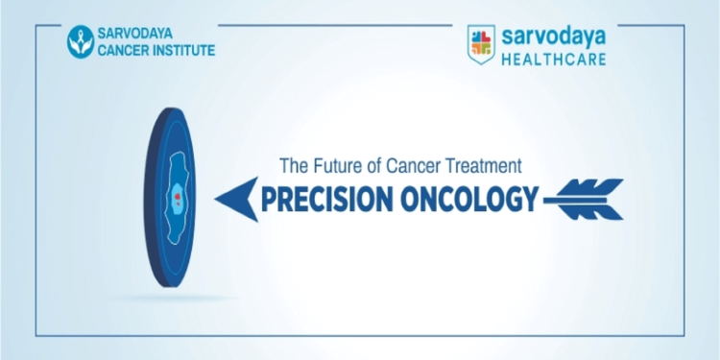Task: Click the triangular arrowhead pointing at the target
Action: tap(234, 199)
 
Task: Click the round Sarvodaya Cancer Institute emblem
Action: tap(81, 41)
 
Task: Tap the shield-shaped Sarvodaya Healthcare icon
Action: tap(481, 43)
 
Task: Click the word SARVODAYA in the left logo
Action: tap(144, 34)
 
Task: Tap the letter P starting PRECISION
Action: tap(269, 199)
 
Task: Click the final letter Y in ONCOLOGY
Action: tap(528, 199)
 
